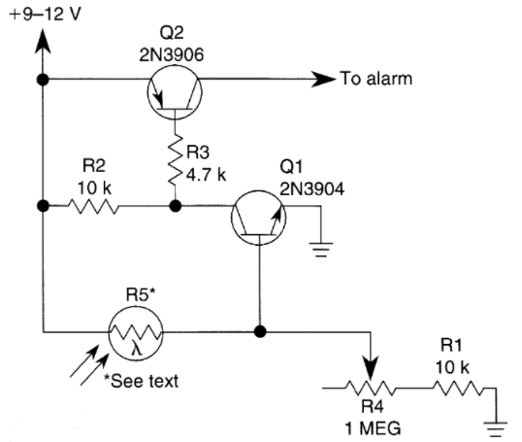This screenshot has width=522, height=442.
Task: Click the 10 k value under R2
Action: pyautogui.click(x=95, y=186)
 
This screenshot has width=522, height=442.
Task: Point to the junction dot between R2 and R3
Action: pyautogui.click(x=174, y=206)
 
